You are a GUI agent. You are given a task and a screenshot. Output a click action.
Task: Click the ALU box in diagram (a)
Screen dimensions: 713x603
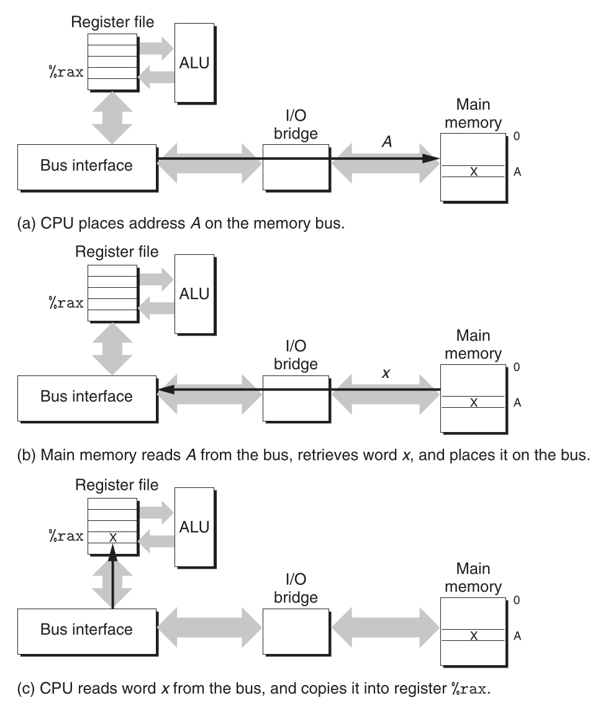(x=193, y=62)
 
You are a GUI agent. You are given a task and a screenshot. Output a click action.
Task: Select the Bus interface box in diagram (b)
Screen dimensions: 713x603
(x=87, y=396)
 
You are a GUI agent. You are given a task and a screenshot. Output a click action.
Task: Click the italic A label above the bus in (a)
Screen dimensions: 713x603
(x=387, y=142)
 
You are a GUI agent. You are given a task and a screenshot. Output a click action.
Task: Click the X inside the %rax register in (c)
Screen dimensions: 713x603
(x=112, y=536)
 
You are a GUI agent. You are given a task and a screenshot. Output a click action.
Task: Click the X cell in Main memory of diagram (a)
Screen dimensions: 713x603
(x=473, y=172)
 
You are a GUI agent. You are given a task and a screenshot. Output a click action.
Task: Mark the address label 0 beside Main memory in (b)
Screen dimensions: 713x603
(x=517, y=367)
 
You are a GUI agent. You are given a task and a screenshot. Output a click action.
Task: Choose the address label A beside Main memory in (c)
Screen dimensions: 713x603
(x=517, y=636)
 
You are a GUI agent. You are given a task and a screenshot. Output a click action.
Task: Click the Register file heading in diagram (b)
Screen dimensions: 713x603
(x=117, y=252)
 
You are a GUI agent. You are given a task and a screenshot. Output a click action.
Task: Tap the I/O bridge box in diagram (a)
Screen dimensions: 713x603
(x=295, y=167)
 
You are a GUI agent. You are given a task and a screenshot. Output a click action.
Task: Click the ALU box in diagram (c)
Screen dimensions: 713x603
(x=193, y=527)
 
